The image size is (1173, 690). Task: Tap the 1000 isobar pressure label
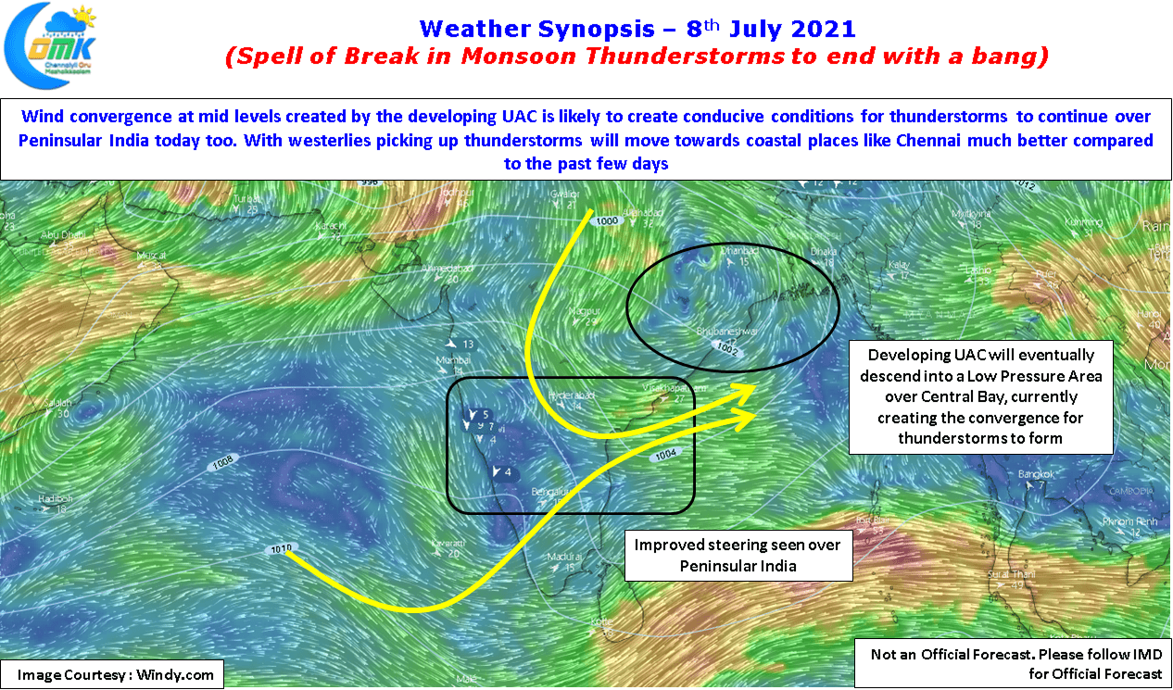pos(608,221)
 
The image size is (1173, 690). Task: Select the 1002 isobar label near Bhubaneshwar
pos(726,348)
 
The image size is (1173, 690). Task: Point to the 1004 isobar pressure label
pos(666,455)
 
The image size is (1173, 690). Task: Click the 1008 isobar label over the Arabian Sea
pos(222,462)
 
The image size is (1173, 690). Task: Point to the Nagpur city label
pos(585,311)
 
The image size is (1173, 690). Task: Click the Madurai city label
pos(564,557)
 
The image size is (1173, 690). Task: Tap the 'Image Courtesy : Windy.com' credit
pos(112,674)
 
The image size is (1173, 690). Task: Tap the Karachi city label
pos(333,225)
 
